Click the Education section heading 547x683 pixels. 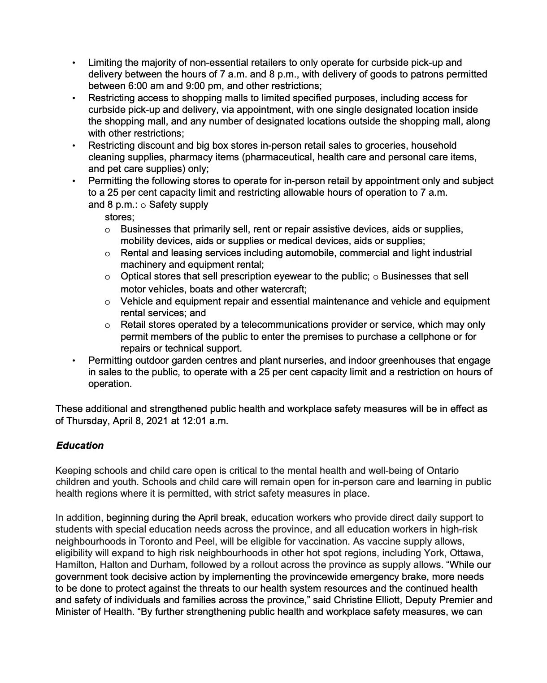coord(80,446)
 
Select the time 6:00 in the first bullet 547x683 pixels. coord(138,86)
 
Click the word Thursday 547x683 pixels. coord(87,421)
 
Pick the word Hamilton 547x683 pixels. coord(74,565)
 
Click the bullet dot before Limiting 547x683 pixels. coord(74,63)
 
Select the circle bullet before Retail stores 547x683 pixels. coord(108,326)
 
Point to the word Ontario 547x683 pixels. coord(443,470)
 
